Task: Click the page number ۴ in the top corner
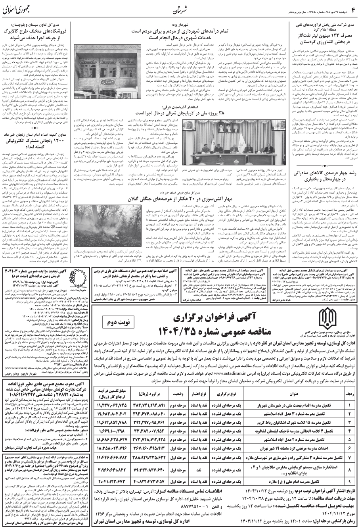[351, 8]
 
